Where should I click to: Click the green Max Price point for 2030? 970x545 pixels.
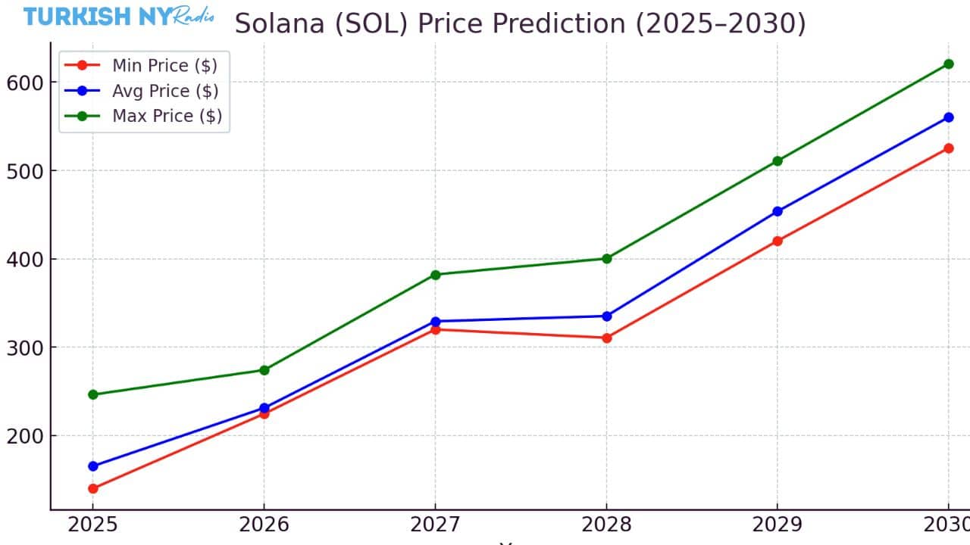[x=948, y=64]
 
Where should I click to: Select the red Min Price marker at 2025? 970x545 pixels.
[x=92, y=488]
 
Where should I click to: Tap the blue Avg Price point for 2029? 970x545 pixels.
[x=777, y=211]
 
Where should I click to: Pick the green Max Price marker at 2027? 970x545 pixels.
[x=435, y=274]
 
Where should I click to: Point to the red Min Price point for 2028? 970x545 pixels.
[x=606, y=338]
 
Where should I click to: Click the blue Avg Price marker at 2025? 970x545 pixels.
[x=92, y=466]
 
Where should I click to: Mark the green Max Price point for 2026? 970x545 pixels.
[x=264, y=370]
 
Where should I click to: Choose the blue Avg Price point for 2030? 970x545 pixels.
[x=948, y=117]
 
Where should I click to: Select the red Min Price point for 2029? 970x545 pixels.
[x=777, y=241]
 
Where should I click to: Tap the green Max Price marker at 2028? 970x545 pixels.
[x=606, y=258]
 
